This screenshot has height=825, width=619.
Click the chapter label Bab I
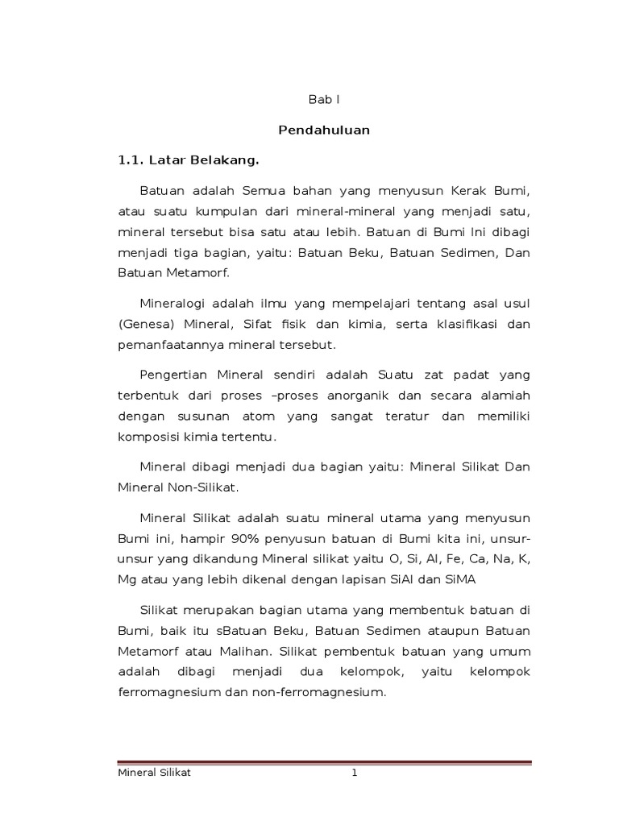coord(325,100)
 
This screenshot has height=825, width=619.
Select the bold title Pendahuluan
coord(324,130)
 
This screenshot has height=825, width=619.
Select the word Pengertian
coord(172,375)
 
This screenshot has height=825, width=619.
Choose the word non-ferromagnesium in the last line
coord(320,691)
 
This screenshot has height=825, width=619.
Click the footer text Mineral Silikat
coord(155,773)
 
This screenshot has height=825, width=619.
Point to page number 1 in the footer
coord(353,773)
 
